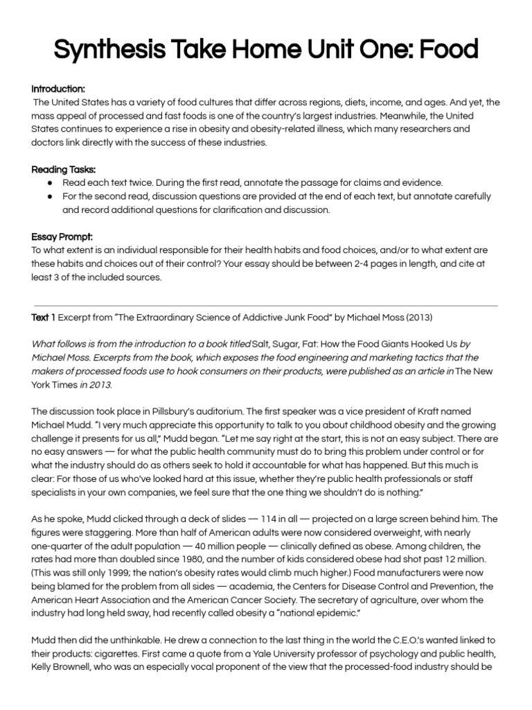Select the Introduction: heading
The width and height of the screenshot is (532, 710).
click(58, 89)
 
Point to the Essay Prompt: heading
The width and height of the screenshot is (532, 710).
click(62, 236)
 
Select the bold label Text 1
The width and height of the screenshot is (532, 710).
click(44, 318)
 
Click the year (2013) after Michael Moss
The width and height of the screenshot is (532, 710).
click(418, 318)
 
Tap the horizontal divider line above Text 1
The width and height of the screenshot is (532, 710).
click(265, 305)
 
